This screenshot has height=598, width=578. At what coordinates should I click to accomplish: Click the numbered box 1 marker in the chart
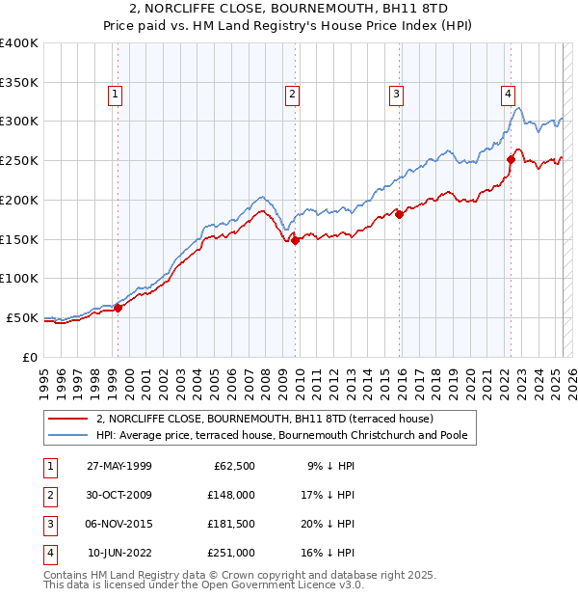(x=115, y=94)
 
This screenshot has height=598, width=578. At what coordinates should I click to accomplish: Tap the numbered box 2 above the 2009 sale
(x=291, y=94)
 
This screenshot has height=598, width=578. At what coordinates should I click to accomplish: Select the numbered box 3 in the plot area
(x=396, y=94)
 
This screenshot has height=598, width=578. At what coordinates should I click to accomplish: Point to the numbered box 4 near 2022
(x=508, y=94)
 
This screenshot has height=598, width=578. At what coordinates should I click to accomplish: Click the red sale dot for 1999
(x=118, y=308)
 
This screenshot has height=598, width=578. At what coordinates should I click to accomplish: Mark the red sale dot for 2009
(x=296, y=241)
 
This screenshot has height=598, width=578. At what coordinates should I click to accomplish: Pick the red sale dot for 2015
(x=399, y=214)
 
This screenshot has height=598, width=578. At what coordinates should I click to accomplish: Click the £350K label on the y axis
(x=19, y=82)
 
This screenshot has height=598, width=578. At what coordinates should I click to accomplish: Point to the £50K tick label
(x=23, y=317)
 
